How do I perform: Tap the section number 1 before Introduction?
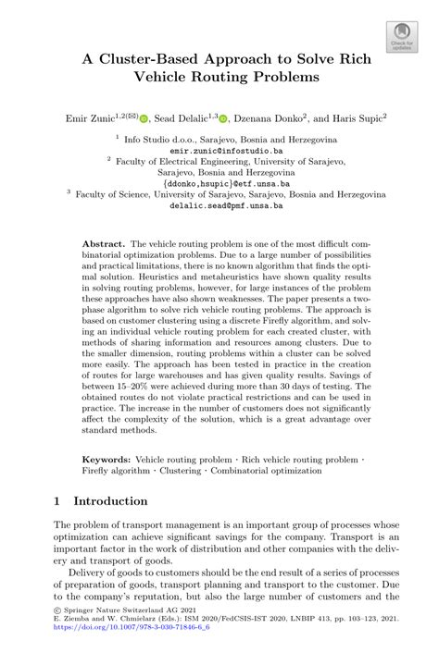coord(56,501)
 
